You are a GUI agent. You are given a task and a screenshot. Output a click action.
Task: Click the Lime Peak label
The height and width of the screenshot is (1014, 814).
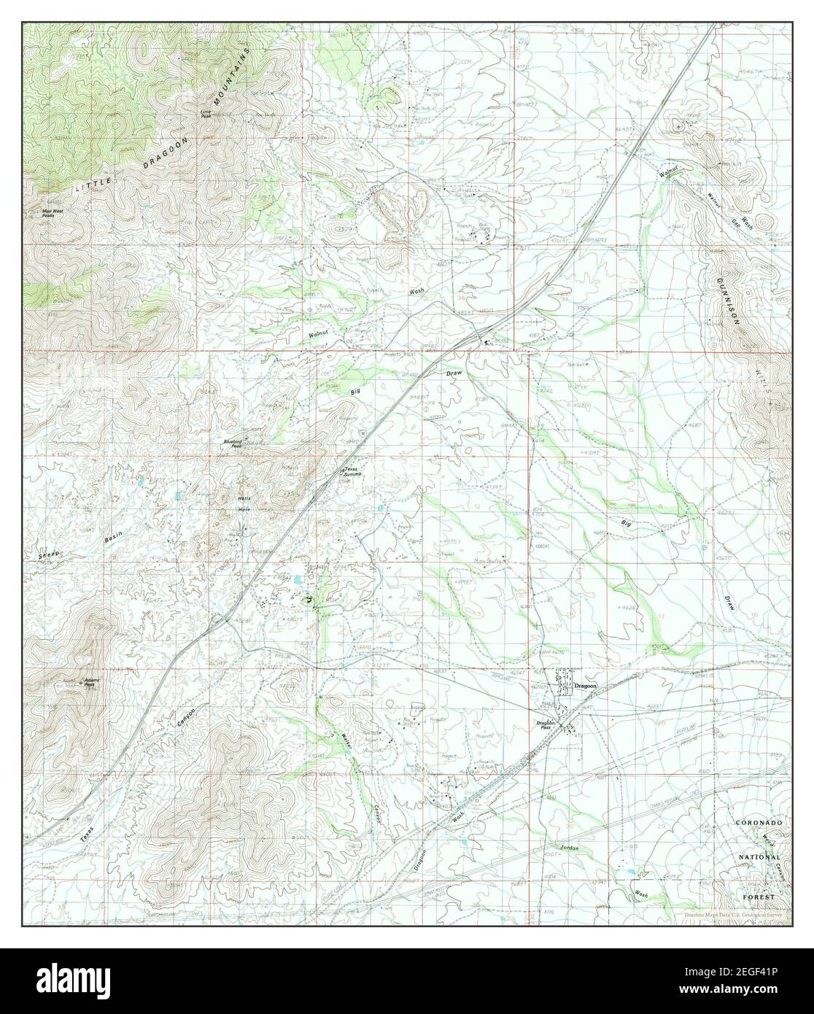[x=206, y=114]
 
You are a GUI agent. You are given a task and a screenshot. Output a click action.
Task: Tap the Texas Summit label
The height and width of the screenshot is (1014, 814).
[x=352, y=472]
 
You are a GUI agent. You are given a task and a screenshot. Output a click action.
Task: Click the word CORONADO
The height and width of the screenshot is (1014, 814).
[x=759, y=823]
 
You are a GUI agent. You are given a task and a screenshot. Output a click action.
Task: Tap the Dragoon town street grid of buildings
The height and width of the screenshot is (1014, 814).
[x=564, y=686]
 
